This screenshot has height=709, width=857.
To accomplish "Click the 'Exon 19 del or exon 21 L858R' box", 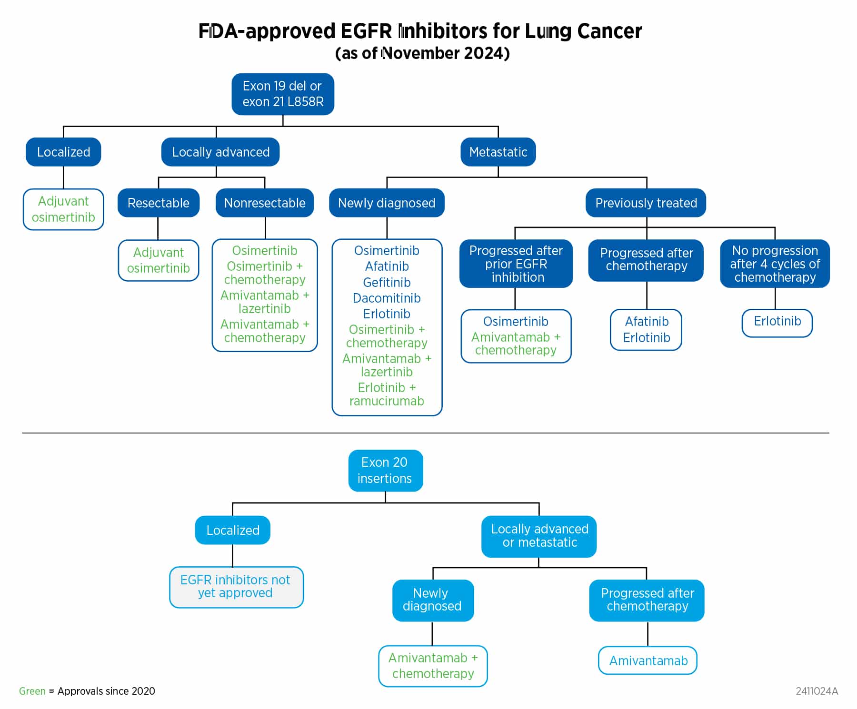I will pos(283,94).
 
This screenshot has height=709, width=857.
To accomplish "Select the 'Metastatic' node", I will pos(498,152).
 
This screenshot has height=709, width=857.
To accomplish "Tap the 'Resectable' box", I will pos(158,203).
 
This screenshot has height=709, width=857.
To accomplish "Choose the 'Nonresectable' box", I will pos(265,203).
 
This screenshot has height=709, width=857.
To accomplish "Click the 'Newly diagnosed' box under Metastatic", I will pos(387,203).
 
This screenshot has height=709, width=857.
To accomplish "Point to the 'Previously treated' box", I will pos(646,203).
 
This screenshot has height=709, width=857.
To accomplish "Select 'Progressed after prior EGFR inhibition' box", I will pos(516,264).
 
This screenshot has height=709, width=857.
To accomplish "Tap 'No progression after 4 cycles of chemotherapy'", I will pos(775,264).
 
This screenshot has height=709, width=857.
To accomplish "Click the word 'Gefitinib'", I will pos(387,282).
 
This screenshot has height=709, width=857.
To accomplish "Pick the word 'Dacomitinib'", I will pos(387,298).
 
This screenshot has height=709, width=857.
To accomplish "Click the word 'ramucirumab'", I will pos(387,401).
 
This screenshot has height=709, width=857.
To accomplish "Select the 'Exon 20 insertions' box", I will pos(385,471).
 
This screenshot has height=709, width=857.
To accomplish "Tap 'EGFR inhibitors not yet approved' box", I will pos(236,587).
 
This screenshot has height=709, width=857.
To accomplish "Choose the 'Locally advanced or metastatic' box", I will pos(539,536).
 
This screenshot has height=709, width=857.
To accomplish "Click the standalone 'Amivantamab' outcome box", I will pos(648,660).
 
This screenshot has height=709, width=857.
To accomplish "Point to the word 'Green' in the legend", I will pos(32,691).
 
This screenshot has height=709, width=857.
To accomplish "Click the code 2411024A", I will pos(817,691).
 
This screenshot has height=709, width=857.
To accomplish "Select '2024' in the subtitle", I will pos(484,53).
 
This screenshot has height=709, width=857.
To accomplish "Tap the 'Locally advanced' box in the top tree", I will pos(220,152).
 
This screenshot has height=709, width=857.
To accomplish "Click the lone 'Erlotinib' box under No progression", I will pos(777,321).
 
